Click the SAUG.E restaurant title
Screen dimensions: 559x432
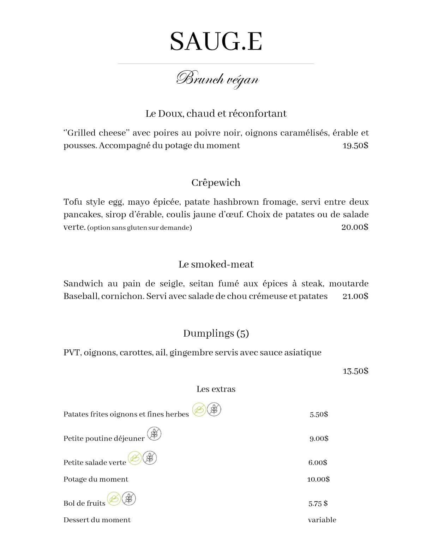216,42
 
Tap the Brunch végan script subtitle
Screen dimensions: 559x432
218,79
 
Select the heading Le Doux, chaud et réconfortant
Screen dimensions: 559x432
216,114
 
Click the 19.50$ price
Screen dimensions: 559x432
355,145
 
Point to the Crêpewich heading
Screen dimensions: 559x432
216,182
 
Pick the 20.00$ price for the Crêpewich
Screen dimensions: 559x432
354,227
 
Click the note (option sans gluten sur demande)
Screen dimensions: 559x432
139,228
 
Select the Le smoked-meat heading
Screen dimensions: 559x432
216,264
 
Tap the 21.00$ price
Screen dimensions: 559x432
355,296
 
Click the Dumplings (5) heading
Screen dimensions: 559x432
216,333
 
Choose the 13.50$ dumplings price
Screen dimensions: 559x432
355,371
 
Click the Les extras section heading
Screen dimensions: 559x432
216,389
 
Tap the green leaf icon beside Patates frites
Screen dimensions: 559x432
199,410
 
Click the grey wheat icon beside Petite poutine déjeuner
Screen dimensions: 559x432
154,434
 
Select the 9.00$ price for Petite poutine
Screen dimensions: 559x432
319,438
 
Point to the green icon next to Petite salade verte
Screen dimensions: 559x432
134,458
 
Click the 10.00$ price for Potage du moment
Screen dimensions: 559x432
318,479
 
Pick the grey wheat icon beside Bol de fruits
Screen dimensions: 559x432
129,499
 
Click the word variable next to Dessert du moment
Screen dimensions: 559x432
322,520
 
